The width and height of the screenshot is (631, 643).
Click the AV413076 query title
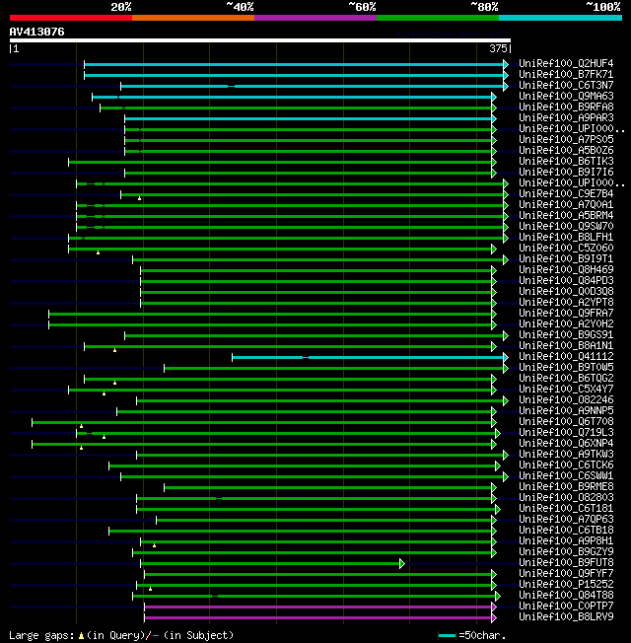37,32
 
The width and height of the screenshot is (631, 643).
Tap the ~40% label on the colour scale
240,6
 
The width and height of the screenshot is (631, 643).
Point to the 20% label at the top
120,6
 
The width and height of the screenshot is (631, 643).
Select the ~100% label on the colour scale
602,6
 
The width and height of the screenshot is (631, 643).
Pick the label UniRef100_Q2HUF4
565,64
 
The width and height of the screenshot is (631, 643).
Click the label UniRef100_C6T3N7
565,86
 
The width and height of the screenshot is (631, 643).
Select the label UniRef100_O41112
565,357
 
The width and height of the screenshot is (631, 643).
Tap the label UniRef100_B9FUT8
565,563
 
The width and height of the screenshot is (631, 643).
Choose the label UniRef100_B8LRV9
565,617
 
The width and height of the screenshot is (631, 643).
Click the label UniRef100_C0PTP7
565,607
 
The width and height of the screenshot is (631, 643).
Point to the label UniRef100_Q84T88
565,596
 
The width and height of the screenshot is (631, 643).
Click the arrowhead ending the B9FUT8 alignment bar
402,563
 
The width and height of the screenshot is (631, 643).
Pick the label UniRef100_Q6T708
565,422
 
